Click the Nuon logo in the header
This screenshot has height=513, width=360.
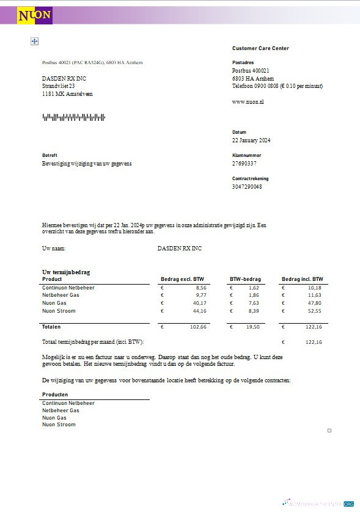[x=35, y=15]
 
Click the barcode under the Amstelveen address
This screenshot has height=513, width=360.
[x=73, y=117]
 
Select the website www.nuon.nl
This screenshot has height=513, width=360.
[x=248, y=101]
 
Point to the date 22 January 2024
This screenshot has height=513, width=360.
[x=251, y=140]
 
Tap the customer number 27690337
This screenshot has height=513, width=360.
[x=244, y=164]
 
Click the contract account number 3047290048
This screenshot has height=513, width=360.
[x=247, y=186]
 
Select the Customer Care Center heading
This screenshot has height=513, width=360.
[x=260, y=48]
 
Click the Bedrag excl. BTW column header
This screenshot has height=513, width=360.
[x=182, y=279]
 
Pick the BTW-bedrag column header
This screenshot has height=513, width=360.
[x=245, y=279]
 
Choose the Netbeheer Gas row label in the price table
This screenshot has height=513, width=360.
[x=61, y=295]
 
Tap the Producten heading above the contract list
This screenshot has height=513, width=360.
[x=55, y=395]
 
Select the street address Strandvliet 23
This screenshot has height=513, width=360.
[x=58, y=86]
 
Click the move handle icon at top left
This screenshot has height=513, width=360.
[x=35, y=41]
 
